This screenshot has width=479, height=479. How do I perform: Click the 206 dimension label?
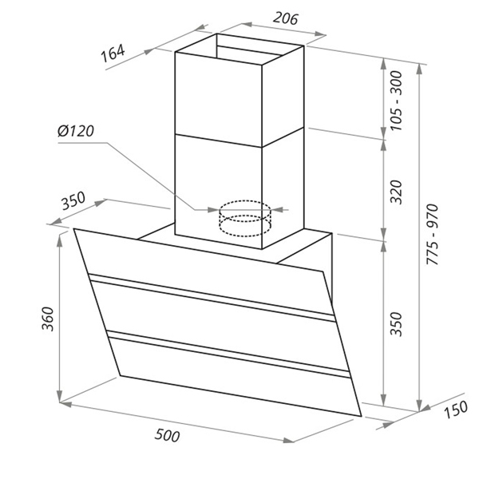pyautogui.click(x=285, y=18)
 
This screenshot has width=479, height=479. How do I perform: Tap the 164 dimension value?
pyautogui.click(x=113, y=53)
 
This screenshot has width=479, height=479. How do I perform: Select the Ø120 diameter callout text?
pyautogui.click(x=76, y=131)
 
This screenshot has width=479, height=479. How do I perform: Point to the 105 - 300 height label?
pyautogui.click(x=397, y=101)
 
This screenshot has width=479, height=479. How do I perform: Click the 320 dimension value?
pyautogui.click(x=397, y=192)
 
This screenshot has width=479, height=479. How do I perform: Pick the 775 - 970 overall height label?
pyautogui.click(x=433, y=235)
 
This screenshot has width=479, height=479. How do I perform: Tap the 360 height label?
pyautogui.click(x=48, y=319)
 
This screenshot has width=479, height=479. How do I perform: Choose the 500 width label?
pyautogui.click(x=168, y=435)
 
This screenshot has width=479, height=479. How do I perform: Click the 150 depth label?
pyautogui.click(x=456, y=410)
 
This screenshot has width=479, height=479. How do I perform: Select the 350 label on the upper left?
pyautogui.click(x=73, y=200)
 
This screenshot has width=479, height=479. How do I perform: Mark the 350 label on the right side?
pyautogui.click(x=397, y=324)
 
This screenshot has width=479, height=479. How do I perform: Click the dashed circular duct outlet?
pyautogui.click(x=245, y=219)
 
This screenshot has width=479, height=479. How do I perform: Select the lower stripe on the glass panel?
pyautogui.click(x=228, y=354)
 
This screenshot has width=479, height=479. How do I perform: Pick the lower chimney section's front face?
pyautogui.click(x=219, y=191)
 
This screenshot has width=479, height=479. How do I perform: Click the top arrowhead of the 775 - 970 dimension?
pyautogui.click(x=420, y=69)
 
